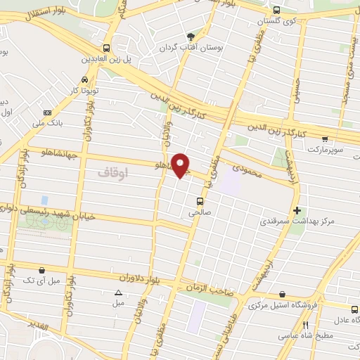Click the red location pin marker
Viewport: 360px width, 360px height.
(x=181, y=165)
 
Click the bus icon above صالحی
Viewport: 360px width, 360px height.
(x=200, y=200)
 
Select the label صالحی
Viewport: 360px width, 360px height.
(x=200, y=212)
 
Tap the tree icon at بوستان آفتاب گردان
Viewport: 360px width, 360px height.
(x=191, y=37)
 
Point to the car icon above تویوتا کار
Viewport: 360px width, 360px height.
(x=85, y=80)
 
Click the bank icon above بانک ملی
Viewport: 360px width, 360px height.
(x=47, y=112)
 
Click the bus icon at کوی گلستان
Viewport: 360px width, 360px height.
(x=276, y=11)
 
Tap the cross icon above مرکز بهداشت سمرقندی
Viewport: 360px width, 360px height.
(x=297, y=210)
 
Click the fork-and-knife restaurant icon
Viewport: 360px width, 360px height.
(x=305, y=326)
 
